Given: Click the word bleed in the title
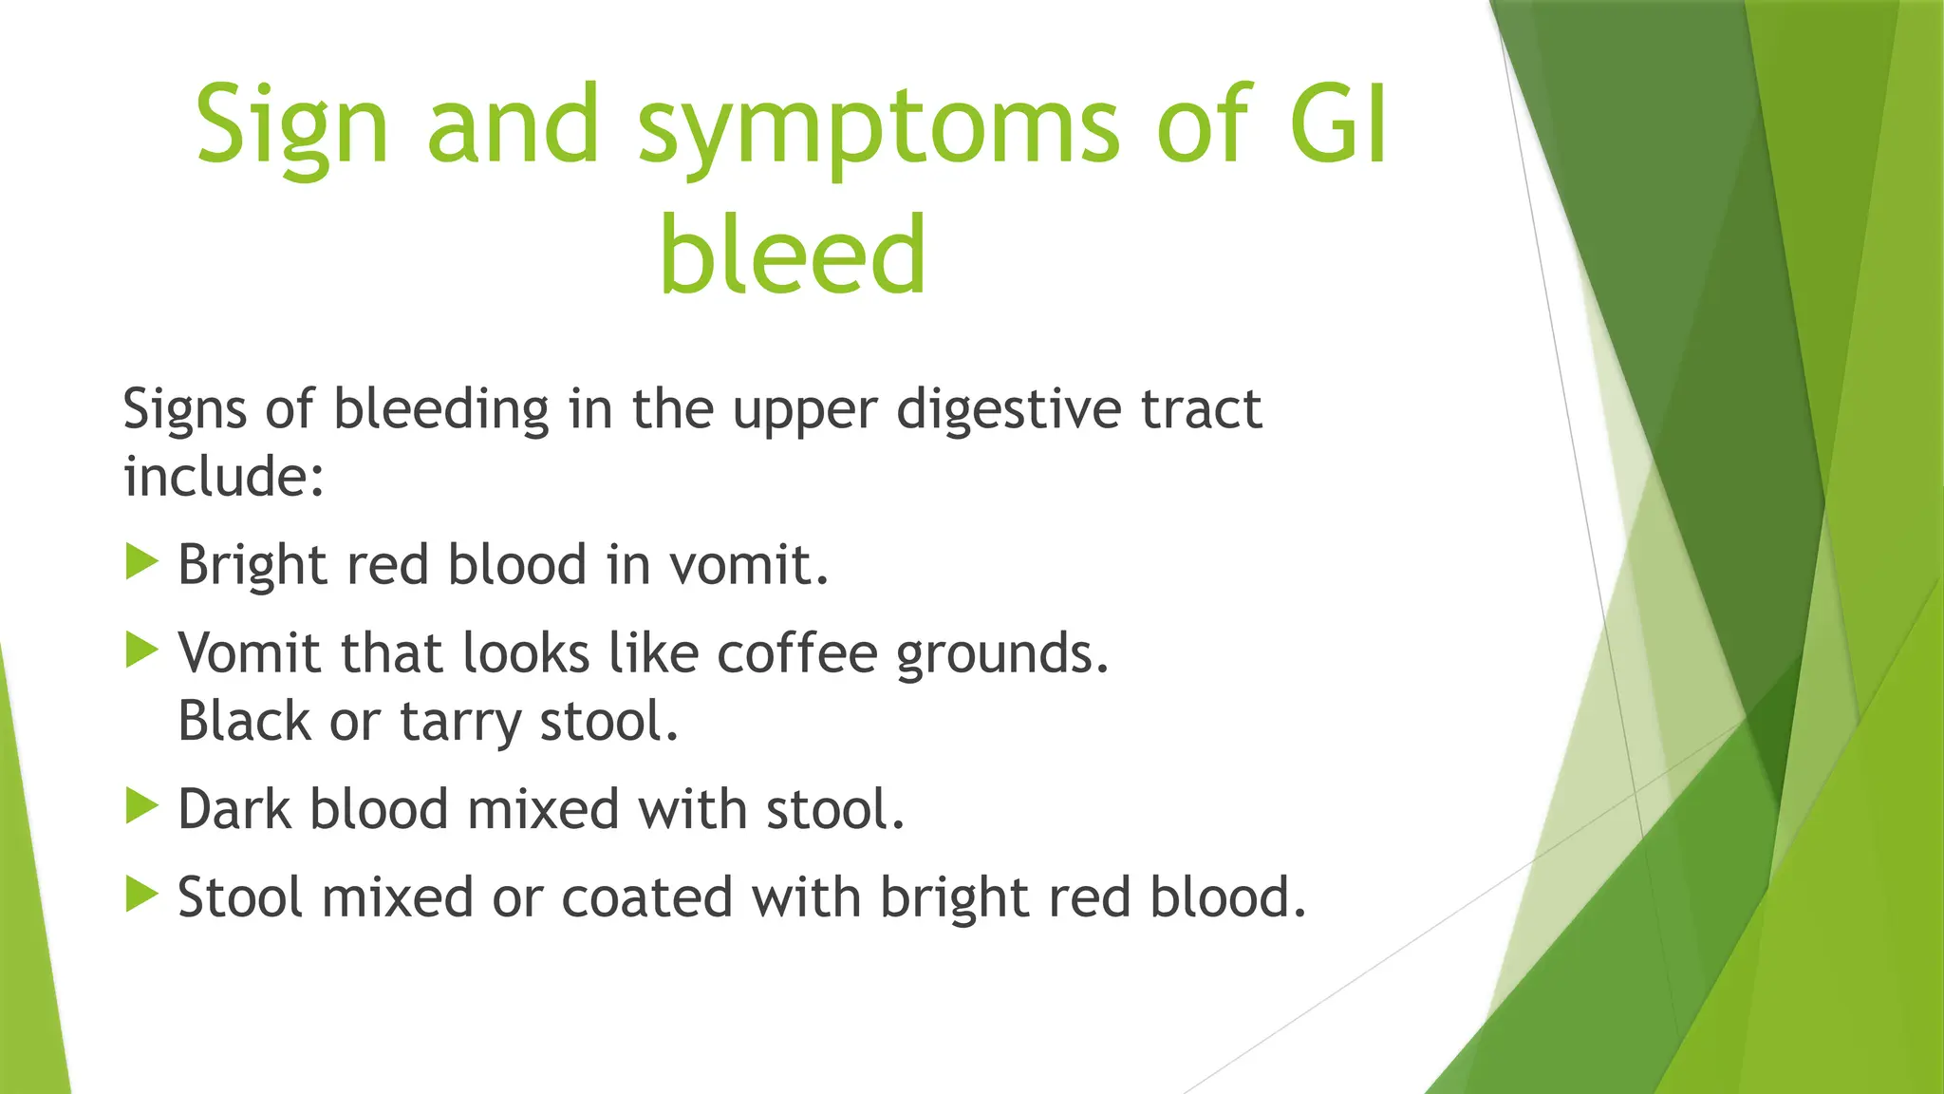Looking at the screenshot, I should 793,255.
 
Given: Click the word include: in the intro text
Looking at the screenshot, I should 224,476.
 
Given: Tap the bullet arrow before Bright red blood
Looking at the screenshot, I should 141,562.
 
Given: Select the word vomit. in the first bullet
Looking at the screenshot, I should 749,565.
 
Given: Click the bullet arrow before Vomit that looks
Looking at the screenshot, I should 141,651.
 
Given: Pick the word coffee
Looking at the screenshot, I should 796,653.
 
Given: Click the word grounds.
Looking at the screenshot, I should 1002,655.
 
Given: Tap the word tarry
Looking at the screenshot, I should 460,722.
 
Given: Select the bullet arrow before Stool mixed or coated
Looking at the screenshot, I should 141,895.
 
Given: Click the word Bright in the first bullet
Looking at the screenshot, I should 252,566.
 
